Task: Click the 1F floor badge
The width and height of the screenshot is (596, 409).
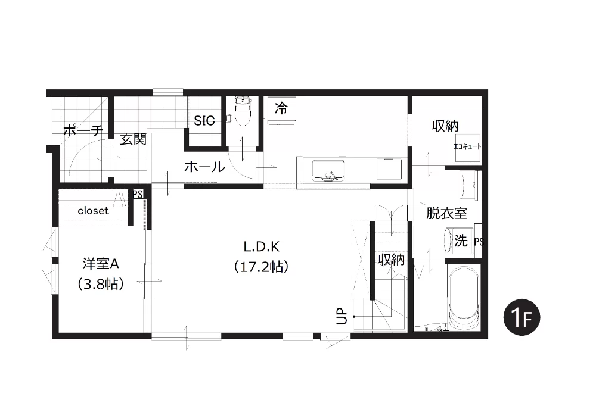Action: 521,317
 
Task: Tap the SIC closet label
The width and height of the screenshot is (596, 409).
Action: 204,121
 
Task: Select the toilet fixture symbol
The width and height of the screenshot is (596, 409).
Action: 242,111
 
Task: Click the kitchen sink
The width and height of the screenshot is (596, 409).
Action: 328,170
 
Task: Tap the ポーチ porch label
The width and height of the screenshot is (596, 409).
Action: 83,130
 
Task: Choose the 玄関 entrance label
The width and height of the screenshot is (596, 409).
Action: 134,139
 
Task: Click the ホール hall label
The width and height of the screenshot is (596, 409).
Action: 204,166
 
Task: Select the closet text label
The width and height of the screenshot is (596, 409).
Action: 93,211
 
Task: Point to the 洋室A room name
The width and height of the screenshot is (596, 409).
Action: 101,264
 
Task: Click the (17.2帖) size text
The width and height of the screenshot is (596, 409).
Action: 261,267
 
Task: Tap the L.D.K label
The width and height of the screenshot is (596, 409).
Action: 262,247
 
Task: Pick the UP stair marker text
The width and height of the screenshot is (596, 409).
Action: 342,316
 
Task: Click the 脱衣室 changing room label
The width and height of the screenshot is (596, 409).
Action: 446,213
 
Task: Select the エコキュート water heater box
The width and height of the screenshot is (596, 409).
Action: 468,147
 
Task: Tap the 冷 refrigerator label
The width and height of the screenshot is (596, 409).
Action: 281,108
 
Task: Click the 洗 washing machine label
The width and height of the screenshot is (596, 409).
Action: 461,241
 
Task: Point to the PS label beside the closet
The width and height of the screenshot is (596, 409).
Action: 138,194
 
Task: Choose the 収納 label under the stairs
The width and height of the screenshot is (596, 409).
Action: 391,260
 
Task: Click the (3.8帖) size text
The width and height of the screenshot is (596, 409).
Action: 101,284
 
